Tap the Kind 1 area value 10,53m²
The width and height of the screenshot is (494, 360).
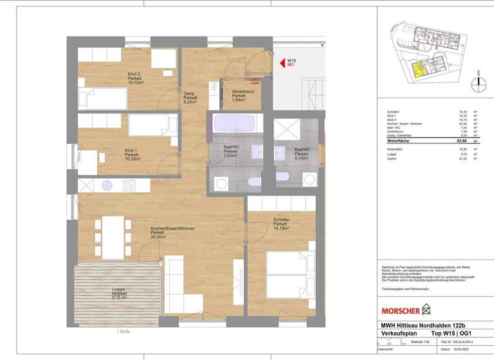point(133,160)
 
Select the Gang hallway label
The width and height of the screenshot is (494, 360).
point(189,97)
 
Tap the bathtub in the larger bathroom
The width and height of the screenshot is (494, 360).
point(233,124)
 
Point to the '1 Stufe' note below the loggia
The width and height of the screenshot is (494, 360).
point(124,332)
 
